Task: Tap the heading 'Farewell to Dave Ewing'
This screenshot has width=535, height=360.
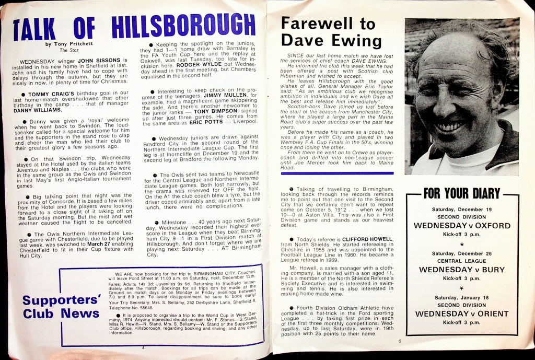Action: coord(328,32)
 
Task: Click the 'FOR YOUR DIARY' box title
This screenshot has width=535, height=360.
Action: coord(462,194)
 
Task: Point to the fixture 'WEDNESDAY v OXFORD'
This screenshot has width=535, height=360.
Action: coord(462,226)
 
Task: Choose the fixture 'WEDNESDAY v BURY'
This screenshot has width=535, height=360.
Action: coord(462,270)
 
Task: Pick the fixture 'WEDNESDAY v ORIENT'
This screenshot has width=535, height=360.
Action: coord(462,313)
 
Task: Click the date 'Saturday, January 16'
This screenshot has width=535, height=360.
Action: coord(462,298)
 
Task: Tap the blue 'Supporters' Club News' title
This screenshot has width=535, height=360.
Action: coord(61,307)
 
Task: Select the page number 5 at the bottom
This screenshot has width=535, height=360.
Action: coord(398,341)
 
